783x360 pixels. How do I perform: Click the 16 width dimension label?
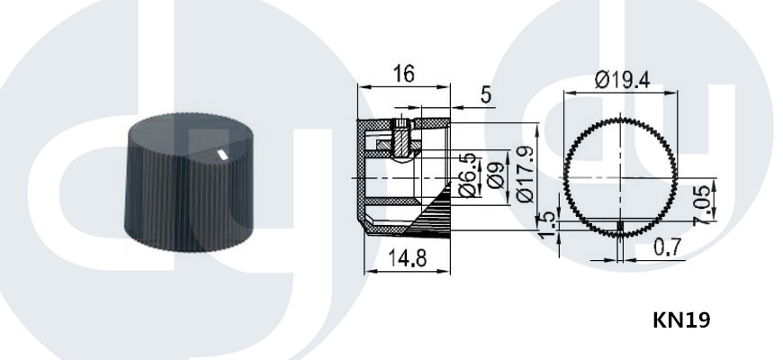pos(403,74)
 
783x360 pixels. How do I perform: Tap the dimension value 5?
pos(486,94)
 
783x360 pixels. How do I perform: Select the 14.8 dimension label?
pos(408,258)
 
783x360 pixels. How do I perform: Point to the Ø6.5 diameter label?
pos(467,175)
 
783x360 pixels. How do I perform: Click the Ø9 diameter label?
pos(495,175)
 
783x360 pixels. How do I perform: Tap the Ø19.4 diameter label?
pos(623,80)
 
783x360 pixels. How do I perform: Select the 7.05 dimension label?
pos(702,204)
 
